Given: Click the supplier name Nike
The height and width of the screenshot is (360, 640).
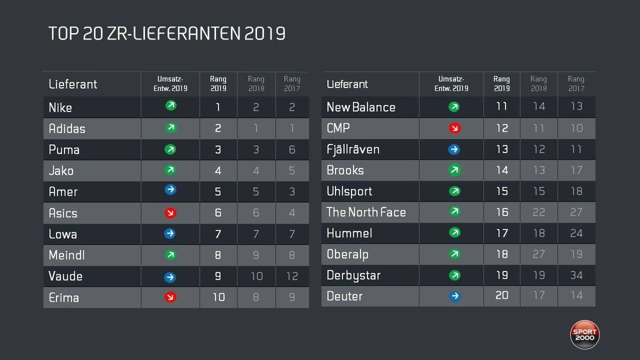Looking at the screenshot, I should pos(60,107).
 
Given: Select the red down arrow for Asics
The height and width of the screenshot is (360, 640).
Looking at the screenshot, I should pos(171,213).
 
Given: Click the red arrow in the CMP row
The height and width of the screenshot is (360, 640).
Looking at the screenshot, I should pos(454,128).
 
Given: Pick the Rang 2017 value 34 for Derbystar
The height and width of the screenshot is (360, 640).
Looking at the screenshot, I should pos(576,275).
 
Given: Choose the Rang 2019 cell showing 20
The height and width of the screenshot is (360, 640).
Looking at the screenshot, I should pos(502,295).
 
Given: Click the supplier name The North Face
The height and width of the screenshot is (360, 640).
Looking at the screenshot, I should pos(366,212).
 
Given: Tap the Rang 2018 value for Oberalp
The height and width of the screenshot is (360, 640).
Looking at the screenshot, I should pos(539,254).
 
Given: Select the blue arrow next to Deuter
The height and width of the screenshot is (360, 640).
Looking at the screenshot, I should pos(454,296).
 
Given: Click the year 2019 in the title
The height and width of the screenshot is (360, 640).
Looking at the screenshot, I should pos(265,34).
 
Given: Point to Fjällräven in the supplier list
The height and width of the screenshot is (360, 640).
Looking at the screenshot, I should pos(353,149).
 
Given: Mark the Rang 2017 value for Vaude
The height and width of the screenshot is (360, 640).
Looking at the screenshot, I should pos(292,276).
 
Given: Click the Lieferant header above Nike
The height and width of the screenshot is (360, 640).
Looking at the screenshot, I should pos(73,84).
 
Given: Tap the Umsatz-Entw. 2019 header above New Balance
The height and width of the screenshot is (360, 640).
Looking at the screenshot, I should pos(451,84).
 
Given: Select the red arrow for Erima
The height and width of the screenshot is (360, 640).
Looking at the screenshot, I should pos(171,297).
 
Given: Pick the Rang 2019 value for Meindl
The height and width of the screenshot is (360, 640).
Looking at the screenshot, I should pos(218,255).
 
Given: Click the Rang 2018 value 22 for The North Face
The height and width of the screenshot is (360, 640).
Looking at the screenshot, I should pos(539,212).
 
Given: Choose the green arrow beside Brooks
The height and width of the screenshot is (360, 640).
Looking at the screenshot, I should pos(454,170).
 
